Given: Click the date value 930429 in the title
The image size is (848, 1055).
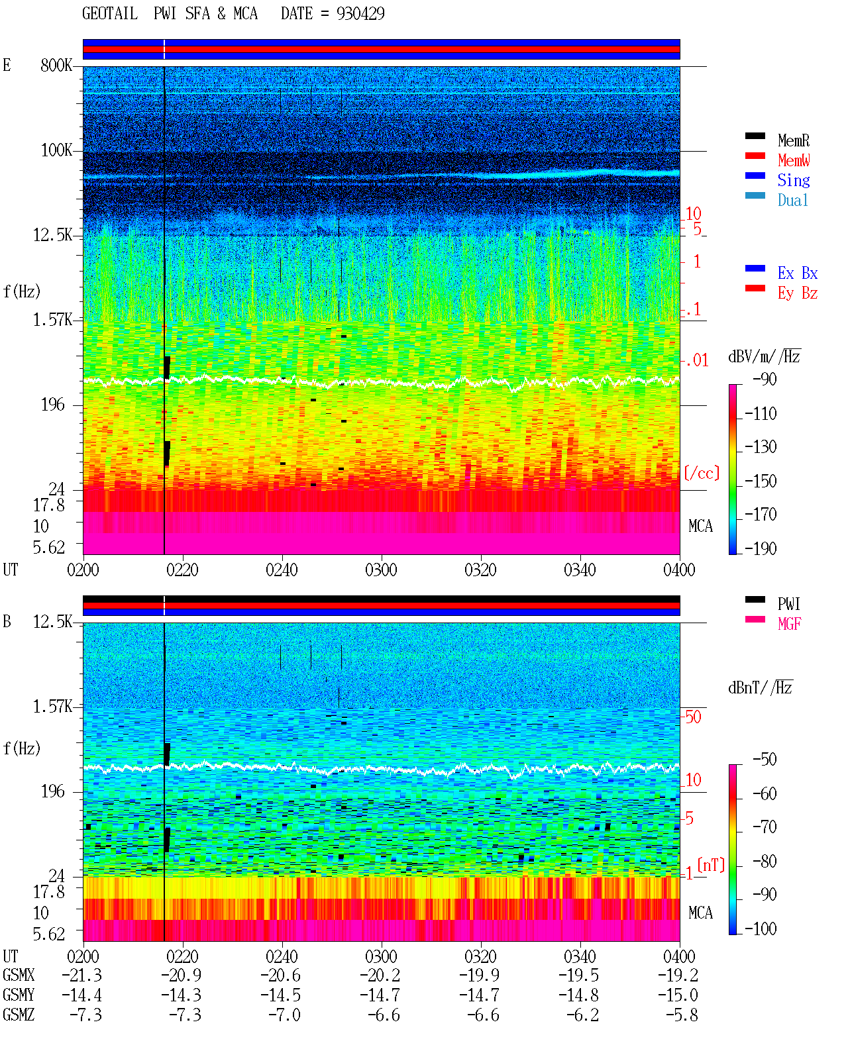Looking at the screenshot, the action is coord(360,14).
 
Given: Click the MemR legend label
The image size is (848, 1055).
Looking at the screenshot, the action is coord(793,140).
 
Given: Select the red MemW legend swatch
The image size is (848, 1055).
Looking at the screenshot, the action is coord(755,156).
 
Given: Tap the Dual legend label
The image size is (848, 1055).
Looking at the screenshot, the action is coord(793,200).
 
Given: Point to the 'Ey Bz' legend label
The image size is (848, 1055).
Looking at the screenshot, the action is coord(798,293).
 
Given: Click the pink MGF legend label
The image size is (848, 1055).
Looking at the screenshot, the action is coord(789,624).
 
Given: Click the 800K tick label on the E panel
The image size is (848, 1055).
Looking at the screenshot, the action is coord(56,65).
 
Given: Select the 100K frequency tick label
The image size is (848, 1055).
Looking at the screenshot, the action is coord(56,150).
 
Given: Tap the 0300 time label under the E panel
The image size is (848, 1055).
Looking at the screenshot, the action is coord(381,570).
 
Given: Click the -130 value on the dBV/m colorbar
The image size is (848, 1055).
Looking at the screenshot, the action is coord(761,447).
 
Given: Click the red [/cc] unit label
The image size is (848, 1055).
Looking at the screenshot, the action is coord(702,473).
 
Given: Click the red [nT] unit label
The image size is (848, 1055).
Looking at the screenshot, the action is coord(711,864).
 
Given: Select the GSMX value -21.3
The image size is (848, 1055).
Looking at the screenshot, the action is coord(82,975).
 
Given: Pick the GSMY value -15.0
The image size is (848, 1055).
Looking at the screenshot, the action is coord(678,995).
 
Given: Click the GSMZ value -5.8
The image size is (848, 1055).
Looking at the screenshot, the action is coord(682,1015).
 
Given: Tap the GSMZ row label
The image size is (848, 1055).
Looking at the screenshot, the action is coord(19,1015).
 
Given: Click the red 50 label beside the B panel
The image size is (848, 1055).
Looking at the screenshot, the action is coord(693,717).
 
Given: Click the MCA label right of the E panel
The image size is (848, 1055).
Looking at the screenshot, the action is coord(700,526).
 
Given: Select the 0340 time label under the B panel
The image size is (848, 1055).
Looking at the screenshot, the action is coord(580,956).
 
